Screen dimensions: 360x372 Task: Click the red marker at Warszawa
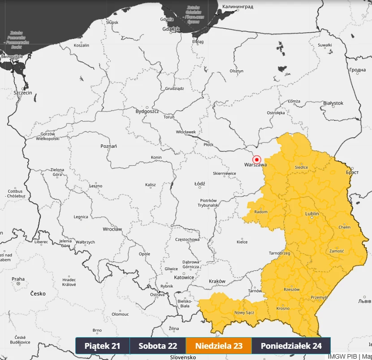coord(257,159)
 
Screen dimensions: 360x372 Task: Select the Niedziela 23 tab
coord(219,346)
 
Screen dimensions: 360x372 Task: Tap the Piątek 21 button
coord(103,346)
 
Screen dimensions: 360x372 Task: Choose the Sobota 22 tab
coord(158,346)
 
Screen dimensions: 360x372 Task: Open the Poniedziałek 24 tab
coord(291,346)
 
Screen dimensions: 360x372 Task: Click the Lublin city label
coord(312,214)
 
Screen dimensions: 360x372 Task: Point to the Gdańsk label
coord(172,29)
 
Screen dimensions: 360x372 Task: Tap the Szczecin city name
coord(23,93)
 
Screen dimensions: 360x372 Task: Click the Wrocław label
coord(112,229)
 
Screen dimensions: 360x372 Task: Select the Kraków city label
coord(217,281)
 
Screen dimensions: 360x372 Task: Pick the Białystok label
coord(333,103)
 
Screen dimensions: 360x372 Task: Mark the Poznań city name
coord(108,146)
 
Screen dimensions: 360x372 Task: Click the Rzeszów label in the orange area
coord(291,289)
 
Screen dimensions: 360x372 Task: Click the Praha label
coord(18,279)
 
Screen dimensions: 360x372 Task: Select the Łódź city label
coord(199,184)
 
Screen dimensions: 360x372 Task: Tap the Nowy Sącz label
coord(244,313)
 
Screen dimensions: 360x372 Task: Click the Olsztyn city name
coord(236,71)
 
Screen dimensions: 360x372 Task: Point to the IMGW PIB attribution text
coord(342,356)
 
